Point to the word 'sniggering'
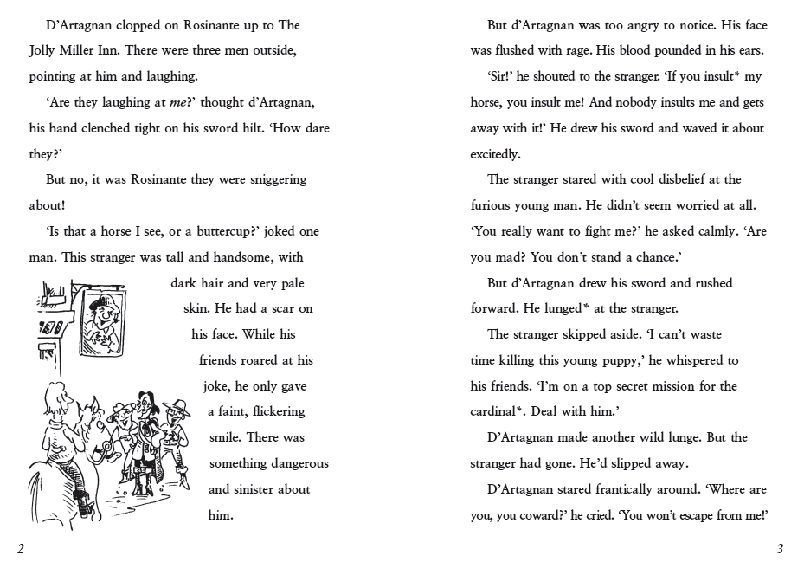(x=273, y=180)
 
